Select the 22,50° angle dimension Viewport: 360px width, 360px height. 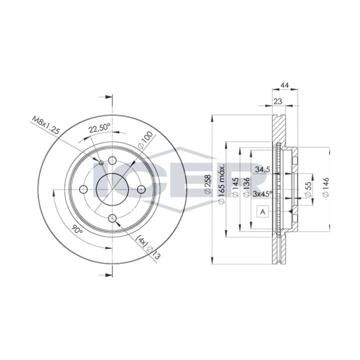[100, 128]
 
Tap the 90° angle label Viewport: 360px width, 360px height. [77, 228]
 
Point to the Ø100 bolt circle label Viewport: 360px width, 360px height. [145, 140]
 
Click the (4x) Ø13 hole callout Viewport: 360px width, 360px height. [147, 247]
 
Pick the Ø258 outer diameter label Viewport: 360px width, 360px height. [207, 184]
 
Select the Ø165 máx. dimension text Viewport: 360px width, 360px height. [221, 184]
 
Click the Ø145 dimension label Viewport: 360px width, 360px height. [235, 187]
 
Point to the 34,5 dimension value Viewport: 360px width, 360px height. [262, 169]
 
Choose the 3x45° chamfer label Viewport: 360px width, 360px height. [262, 193]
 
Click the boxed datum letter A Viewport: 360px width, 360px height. [263, 211]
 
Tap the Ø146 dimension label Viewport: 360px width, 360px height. [325, 187]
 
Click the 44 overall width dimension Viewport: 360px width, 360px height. [285, 85]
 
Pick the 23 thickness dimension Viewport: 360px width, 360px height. [278, 101]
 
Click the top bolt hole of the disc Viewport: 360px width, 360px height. [112, 160]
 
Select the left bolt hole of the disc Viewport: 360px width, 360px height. [83, 189]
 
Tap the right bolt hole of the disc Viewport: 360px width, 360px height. [141, 189]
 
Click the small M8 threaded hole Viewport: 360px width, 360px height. [101, 162]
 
